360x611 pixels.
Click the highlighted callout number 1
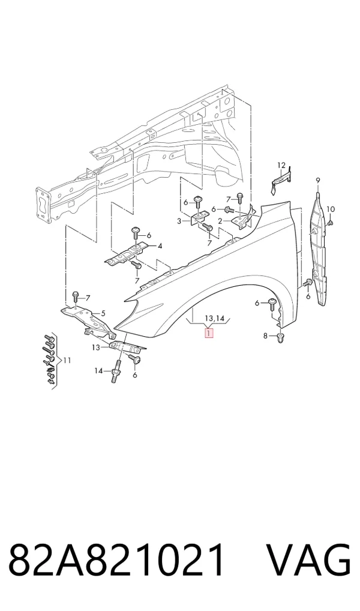(x=209, y=333)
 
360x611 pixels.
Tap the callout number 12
(x=281, y=166)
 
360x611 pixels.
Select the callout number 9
(x=318, y=180)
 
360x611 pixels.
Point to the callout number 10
(x=330, y=209)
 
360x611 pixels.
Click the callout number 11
(x=67, y=361)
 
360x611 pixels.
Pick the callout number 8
(x=265, y=336)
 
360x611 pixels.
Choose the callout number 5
(x=103, y=313)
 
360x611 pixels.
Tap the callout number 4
(x=160, y=246)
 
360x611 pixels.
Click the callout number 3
(x=179, y=221)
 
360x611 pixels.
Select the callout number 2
(x=220, y=221)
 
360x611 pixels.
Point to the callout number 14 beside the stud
(x=98, y=371)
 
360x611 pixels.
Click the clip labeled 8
(x=280, y=339)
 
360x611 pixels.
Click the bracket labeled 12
(x=281, y=180)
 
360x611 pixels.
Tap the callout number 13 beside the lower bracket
(x=96, y=347)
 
